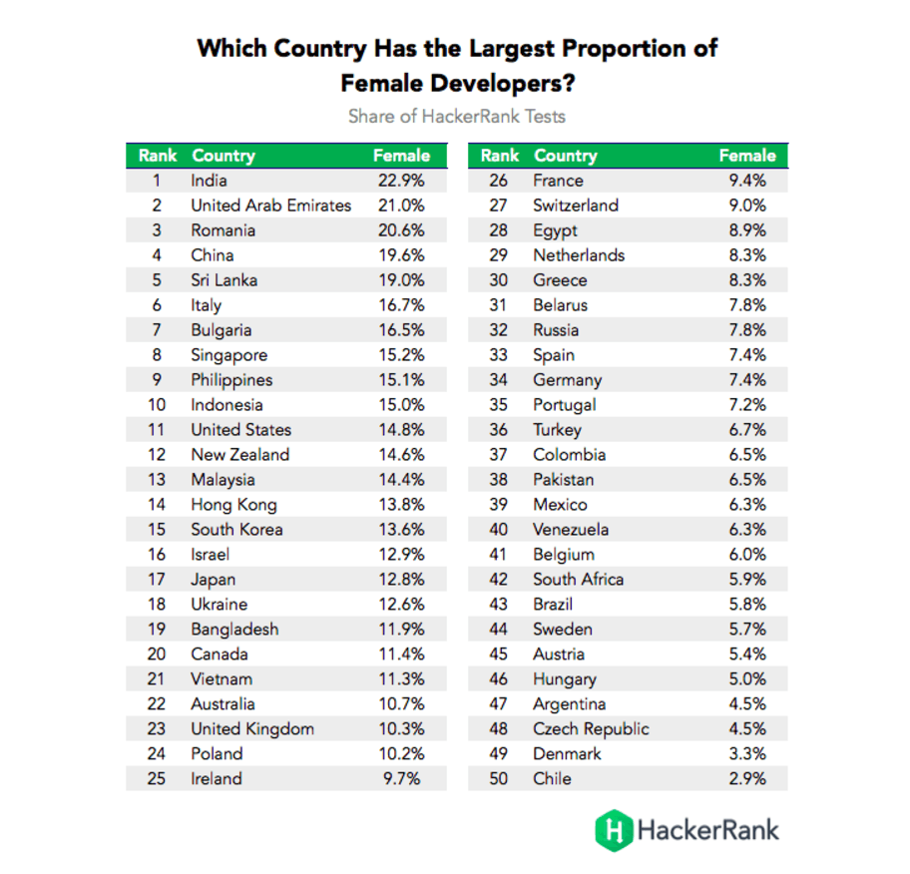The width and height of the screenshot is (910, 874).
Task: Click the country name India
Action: tap(209, 181)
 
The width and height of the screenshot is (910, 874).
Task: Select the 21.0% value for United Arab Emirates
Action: tap(400, 206)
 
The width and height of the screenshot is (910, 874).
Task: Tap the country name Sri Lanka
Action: tap(224, 280)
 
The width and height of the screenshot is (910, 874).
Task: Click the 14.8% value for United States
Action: tap(400, 430)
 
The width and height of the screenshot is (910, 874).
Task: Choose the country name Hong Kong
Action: tap(233, 505)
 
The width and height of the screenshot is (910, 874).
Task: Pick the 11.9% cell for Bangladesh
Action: tap(400, 630)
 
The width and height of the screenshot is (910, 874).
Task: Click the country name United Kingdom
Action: tap(252, 729)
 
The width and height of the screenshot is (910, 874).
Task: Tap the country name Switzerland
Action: tap(575, 206)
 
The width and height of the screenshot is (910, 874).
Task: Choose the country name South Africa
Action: tap(578, 580)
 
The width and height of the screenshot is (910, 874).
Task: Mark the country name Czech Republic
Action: tap(591, 729)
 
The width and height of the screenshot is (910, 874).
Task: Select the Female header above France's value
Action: tap(746, 156)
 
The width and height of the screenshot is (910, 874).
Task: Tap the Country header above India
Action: tap(224, 156)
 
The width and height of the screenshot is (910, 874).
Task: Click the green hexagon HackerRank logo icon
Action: tap(614, 829)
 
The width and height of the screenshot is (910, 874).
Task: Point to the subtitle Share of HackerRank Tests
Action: tap(456, 117)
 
